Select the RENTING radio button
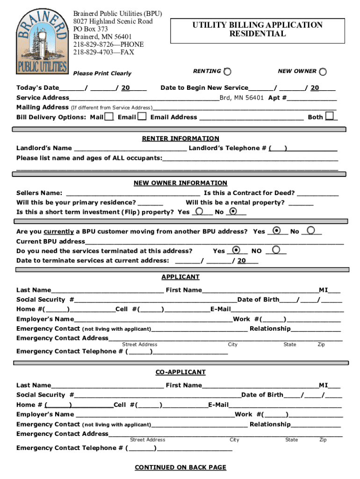tap(227, 72)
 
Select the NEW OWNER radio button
tap(323, 72)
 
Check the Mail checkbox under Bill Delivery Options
tap(109, 116)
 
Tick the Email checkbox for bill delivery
tap(142, 116)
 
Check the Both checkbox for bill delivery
tap(330, 116)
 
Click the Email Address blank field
tap(251, 117)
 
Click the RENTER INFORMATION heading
tap(180, 138)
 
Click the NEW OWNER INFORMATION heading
tap(180, 183)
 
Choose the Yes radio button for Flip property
tap(199, 211)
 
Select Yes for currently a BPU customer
tap(277, 231)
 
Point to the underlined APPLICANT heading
tap(180, 277)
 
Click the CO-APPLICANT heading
tap(180, 372)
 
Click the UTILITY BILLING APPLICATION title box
tap(257, 29)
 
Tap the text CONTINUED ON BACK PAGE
tap(180, 467)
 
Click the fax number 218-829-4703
tap(103, 52)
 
